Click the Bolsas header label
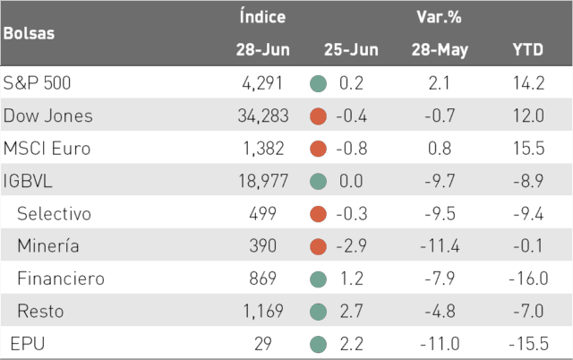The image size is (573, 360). [29, 33]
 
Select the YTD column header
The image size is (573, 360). [528, 50]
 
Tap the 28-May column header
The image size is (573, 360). [440, 50]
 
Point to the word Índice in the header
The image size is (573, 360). [262, 16]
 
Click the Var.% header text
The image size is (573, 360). [439, 17]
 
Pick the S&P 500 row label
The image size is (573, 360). [37, 83]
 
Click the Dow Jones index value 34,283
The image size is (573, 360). [263, 116]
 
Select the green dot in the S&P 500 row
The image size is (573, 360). [318, 83]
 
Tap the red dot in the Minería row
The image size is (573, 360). [318, 246]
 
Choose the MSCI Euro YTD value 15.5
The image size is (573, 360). [528, 149]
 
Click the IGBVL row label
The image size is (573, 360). [28, 181]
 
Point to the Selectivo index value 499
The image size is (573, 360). [262, 213]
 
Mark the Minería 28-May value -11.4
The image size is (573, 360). [440, 246]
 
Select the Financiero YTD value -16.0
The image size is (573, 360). [528, 279]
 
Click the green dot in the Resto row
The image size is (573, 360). [318, 312]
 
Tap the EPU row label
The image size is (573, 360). [28, 344]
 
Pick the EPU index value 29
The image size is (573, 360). [262, 344]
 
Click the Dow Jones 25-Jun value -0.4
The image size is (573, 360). [351, 116]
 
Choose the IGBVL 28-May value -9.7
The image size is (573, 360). [440, 181]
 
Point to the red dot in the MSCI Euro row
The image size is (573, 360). [318, 149]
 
